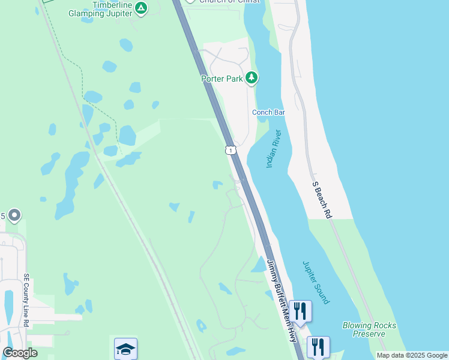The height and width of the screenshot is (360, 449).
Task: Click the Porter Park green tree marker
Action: point(252,77)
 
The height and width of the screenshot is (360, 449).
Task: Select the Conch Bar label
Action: point(268,112)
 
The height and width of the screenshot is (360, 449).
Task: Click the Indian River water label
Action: point(273,149)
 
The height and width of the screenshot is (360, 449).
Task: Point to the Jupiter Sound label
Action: point(315,282)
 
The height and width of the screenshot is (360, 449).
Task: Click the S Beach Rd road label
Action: point(321,200)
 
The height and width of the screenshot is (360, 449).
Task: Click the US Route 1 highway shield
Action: point(230,149)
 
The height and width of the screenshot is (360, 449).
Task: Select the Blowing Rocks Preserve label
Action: point(369,329)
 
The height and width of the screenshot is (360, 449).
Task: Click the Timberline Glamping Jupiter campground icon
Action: point(140,8)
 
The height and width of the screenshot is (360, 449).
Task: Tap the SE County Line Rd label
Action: point(26,301)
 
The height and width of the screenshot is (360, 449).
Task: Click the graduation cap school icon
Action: point(125,349)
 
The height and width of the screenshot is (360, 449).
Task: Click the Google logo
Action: point(20,353)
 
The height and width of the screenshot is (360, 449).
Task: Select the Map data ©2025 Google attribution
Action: point(411,355)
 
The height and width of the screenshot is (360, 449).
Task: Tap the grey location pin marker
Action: point(15,215)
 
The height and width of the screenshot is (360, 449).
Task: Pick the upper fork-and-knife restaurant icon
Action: point(300,311)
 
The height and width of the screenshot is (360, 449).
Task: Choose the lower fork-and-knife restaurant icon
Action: point(318,347)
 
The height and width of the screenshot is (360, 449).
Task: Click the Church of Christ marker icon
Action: point(191,1)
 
